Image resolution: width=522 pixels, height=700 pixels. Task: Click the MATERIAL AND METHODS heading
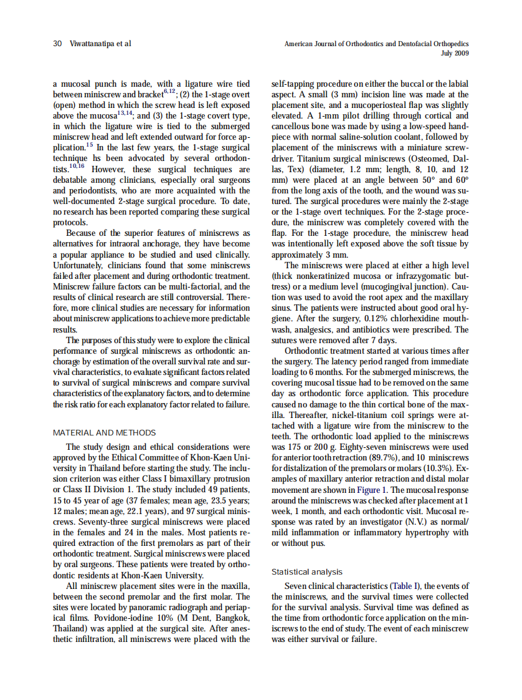point(104,433)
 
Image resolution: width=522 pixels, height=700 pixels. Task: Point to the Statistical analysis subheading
point(306,571)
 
